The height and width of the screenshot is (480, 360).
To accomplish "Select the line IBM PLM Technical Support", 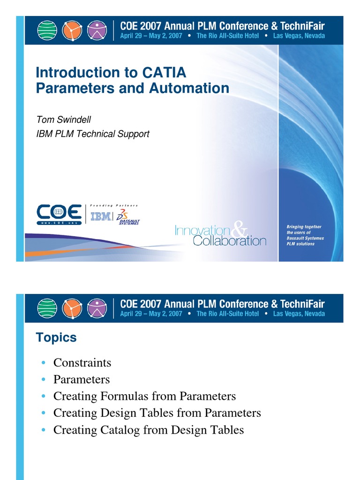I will point(93,134).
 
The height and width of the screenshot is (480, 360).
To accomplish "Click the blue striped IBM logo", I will point(101,216).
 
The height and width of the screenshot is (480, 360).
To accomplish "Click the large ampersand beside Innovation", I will point(240,230).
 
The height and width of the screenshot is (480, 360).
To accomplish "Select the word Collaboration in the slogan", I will point(230,241).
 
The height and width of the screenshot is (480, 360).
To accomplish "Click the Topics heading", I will point(56,337).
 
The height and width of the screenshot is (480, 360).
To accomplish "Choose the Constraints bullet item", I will point(82,362).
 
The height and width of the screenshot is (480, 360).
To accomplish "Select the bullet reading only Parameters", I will point(82,379).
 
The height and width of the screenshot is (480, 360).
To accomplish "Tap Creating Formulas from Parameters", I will point(144,396).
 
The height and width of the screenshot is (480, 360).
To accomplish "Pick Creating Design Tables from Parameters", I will point(157,413).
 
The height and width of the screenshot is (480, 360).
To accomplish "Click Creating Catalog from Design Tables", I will point(149,430).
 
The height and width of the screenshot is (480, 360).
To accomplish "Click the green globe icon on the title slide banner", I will point(47,30).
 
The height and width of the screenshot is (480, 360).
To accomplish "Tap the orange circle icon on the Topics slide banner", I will point(74,308).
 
